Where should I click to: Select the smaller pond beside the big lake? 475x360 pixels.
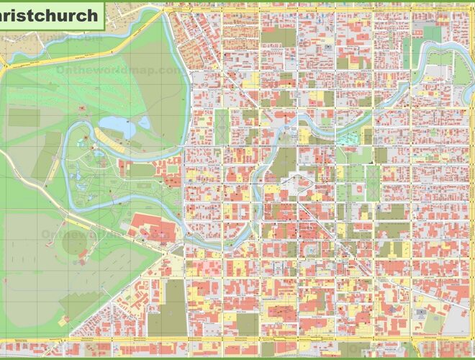click(x=145, y=123)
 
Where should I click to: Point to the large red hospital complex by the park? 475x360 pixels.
click(x=153, y=229)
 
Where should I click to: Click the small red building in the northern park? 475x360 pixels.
click(x=82, y=108)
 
